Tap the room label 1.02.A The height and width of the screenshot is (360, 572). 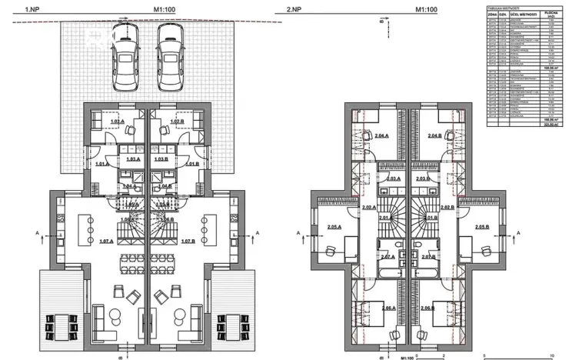tap(117, 122)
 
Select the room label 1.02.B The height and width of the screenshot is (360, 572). tap(177, 122)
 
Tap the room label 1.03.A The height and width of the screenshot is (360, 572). tap(133, 158)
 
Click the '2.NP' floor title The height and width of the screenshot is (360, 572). tap(293, 10)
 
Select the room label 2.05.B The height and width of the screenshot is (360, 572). tap(482, 228)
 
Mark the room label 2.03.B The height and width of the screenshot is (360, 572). tap(423, 178)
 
